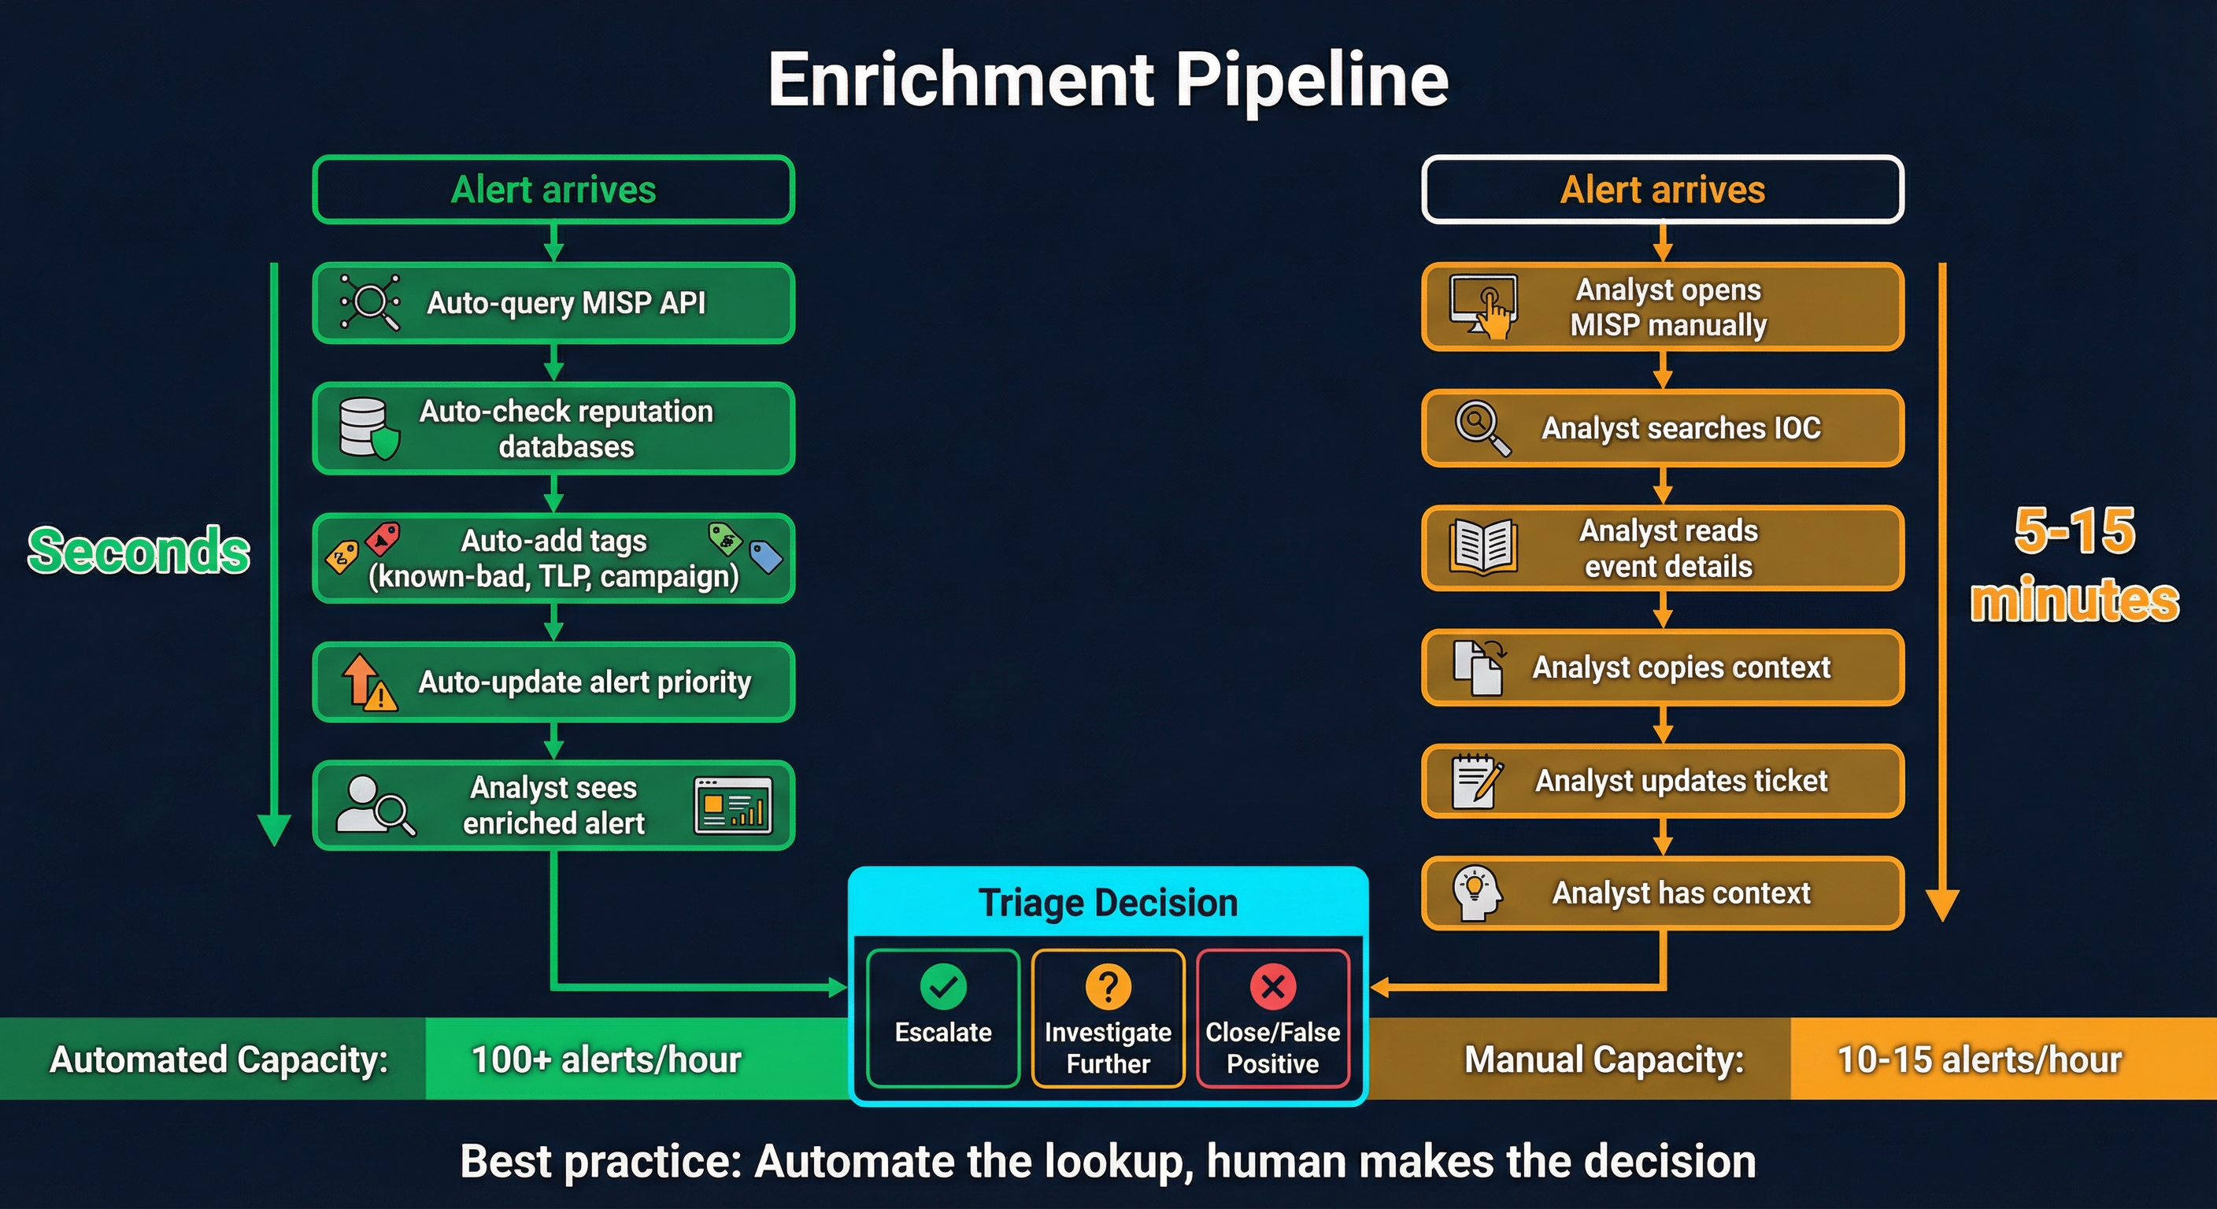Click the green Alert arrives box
point(553,190)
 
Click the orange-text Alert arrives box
point(1662,190)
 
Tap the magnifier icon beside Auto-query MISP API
point(371,302)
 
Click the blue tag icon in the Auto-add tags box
point(765,556)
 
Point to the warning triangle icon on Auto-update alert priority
point(379,694)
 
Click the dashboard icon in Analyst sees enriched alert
point(732,805)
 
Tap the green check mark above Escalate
point(943,986)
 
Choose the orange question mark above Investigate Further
point(1108,986)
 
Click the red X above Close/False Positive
point(1273,986)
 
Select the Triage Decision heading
point(1108,903)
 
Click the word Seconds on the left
point(139,551)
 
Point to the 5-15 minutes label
point(2075,564)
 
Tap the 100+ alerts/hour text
point(606,1059)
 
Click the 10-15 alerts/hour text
point(1978,1059)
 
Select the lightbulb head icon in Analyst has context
point(1476,893)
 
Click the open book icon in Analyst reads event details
point(1482,546)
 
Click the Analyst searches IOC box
point(1662,427)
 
